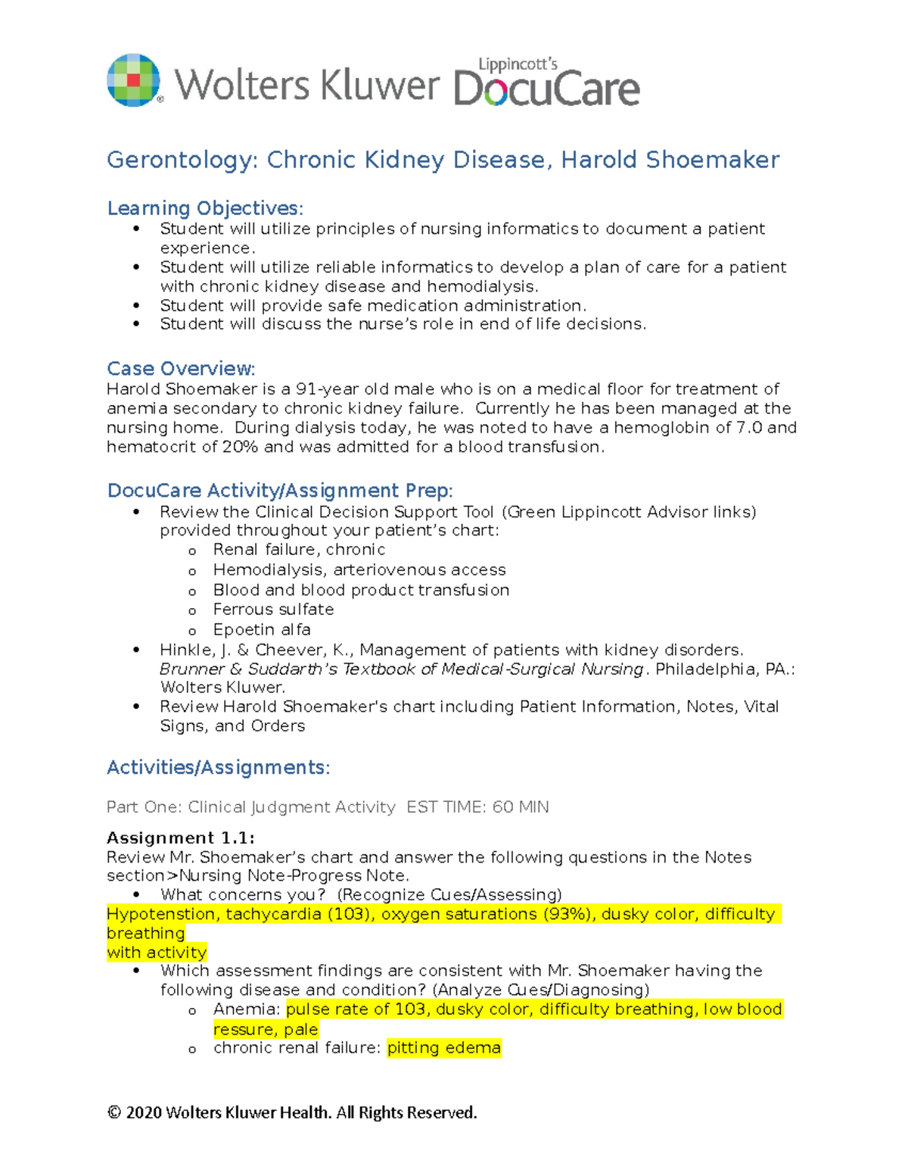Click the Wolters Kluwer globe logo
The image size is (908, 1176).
pos(134,80)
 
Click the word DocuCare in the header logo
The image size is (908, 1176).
pos(546,89)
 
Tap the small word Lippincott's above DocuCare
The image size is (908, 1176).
pos(518,64)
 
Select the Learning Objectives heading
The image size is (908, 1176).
pos(204,208)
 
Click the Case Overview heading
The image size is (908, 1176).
pos(181,369)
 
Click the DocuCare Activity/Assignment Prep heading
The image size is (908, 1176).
pos(280,491)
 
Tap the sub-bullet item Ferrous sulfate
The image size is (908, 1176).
pos(273,610)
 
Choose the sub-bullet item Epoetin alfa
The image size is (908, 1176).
pos(262,629)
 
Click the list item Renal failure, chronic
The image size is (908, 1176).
pos(299,550)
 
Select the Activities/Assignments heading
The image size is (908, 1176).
pos(218,768)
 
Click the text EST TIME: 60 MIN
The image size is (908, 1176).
pos(477,807)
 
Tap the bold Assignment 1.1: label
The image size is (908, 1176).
pos(181,838)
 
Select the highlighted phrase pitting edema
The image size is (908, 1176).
pos(444,1048)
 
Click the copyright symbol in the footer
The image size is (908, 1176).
pos(114,1112)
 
